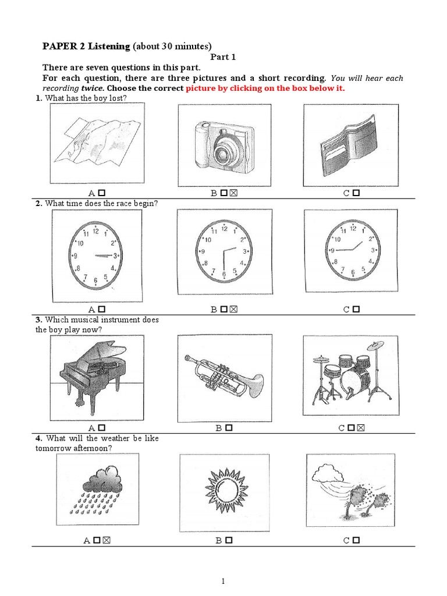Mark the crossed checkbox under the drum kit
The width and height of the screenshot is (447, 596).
click(x=361, y=428)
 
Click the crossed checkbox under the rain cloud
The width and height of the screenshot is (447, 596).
click(x=107, y=541)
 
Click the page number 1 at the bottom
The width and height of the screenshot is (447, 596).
click(x=223, y=581)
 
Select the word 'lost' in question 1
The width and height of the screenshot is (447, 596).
click(x=119, y=98)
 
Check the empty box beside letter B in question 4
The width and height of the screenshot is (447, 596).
click(x=229, y=541)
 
